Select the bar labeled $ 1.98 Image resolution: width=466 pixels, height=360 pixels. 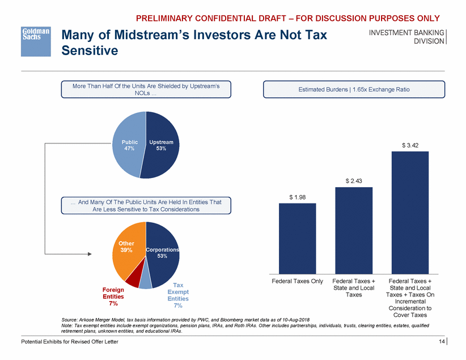tap(298, 238)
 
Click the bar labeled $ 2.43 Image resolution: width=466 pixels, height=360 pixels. tap(354, 230)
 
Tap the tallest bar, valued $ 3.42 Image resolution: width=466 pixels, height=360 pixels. tap(410, 213)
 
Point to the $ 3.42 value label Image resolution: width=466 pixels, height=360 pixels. tap(410, 145)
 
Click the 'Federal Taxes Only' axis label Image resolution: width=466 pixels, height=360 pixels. tap(298, 281)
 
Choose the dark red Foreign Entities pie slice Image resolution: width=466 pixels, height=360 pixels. tap(133, 279)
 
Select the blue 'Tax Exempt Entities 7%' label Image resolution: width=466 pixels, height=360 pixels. tap(177, 295)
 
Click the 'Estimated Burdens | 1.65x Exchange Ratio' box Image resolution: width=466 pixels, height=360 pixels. tap(354, 89)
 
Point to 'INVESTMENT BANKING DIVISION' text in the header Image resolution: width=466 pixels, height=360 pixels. tap(407, 37)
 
